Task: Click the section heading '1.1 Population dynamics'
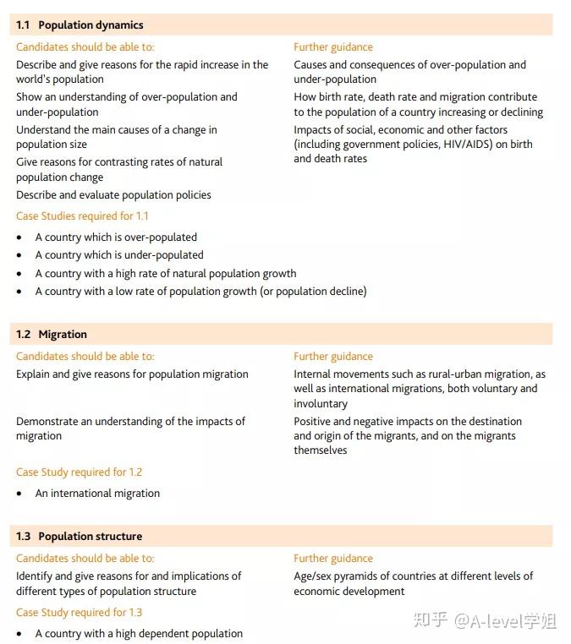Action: pyautogui.click(x=80, y=25)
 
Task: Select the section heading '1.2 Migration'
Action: pyautogui.click(x=52, y=335)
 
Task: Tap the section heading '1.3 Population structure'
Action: pyautogui.click(x=79, y=537)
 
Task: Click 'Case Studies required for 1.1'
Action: pyautogui.click(x=82, y=216)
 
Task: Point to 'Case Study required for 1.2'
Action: pyautogui.click(x=79, y=472)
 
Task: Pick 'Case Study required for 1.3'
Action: pyautogui.click(x=79, y=613)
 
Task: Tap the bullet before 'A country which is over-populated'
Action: pyautogui.click(x=19, y=237)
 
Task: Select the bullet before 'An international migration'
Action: pyautogui.click(x=19, y=494)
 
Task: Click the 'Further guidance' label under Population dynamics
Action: pyautogui.click(x=333, y=47)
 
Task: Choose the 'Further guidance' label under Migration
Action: pyautogui.click(x=333, y=357)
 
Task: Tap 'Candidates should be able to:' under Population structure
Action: pyautogui.click(x=85, y=559)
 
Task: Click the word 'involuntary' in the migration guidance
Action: pyautogui.click(x=321, y=404)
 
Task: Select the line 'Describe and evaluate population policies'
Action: pyautogui.click(x=113, y=195)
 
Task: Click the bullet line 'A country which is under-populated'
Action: pyautogui.click(x=119, y=255)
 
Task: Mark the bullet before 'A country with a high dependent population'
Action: pyautogui.click(x=19, y=634)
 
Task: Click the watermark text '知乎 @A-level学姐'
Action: pyautogui.click(x=484, y=621)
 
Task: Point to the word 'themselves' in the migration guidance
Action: pyautogui.click(x=321, y=450)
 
